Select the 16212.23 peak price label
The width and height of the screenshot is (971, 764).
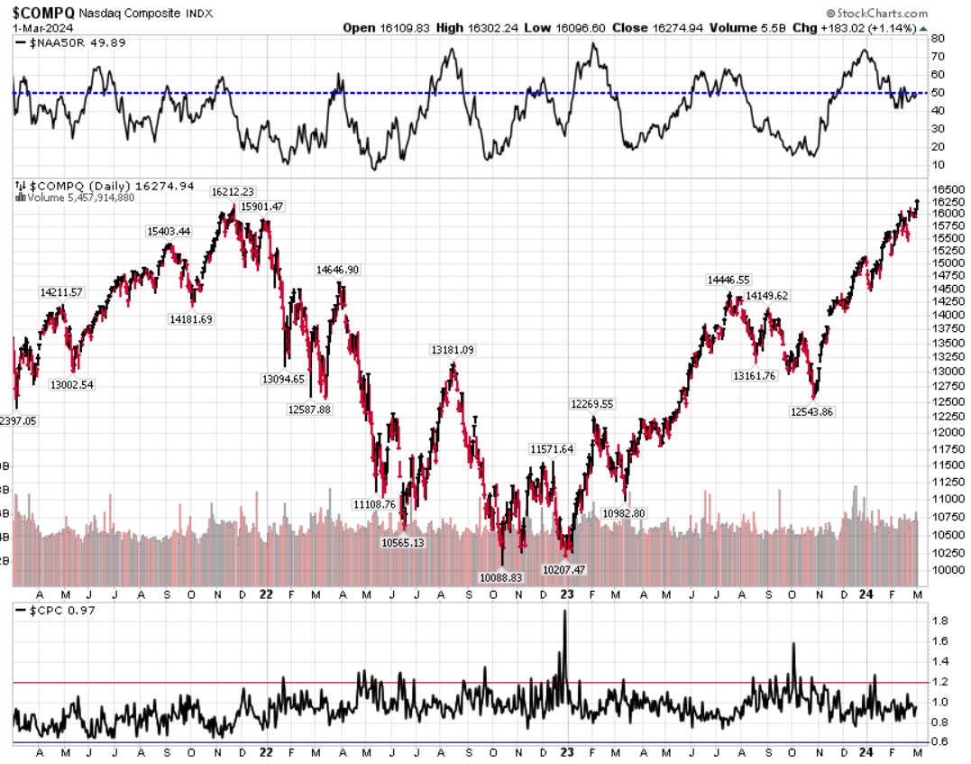click(233, 191)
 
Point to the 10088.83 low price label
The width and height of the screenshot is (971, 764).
click(501, 577)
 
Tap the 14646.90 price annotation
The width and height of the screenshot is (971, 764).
click(338, 270)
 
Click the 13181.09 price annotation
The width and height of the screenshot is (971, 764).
click(453, 350)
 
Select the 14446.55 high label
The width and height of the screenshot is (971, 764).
click(728, 281)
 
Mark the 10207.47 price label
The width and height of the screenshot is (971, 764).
click(563, 570)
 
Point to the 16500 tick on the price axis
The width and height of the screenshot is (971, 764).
click(943, 189)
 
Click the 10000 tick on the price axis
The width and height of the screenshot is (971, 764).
click(943, 570)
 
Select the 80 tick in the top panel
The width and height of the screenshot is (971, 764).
click(938, 40)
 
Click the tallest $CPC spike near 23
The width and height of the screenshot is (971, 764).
click(564, 613)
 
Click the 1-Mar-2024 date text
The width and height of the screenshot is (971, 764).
click(36, 28)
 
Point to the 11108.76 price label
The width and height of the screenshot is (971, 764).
click(374, 504)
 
